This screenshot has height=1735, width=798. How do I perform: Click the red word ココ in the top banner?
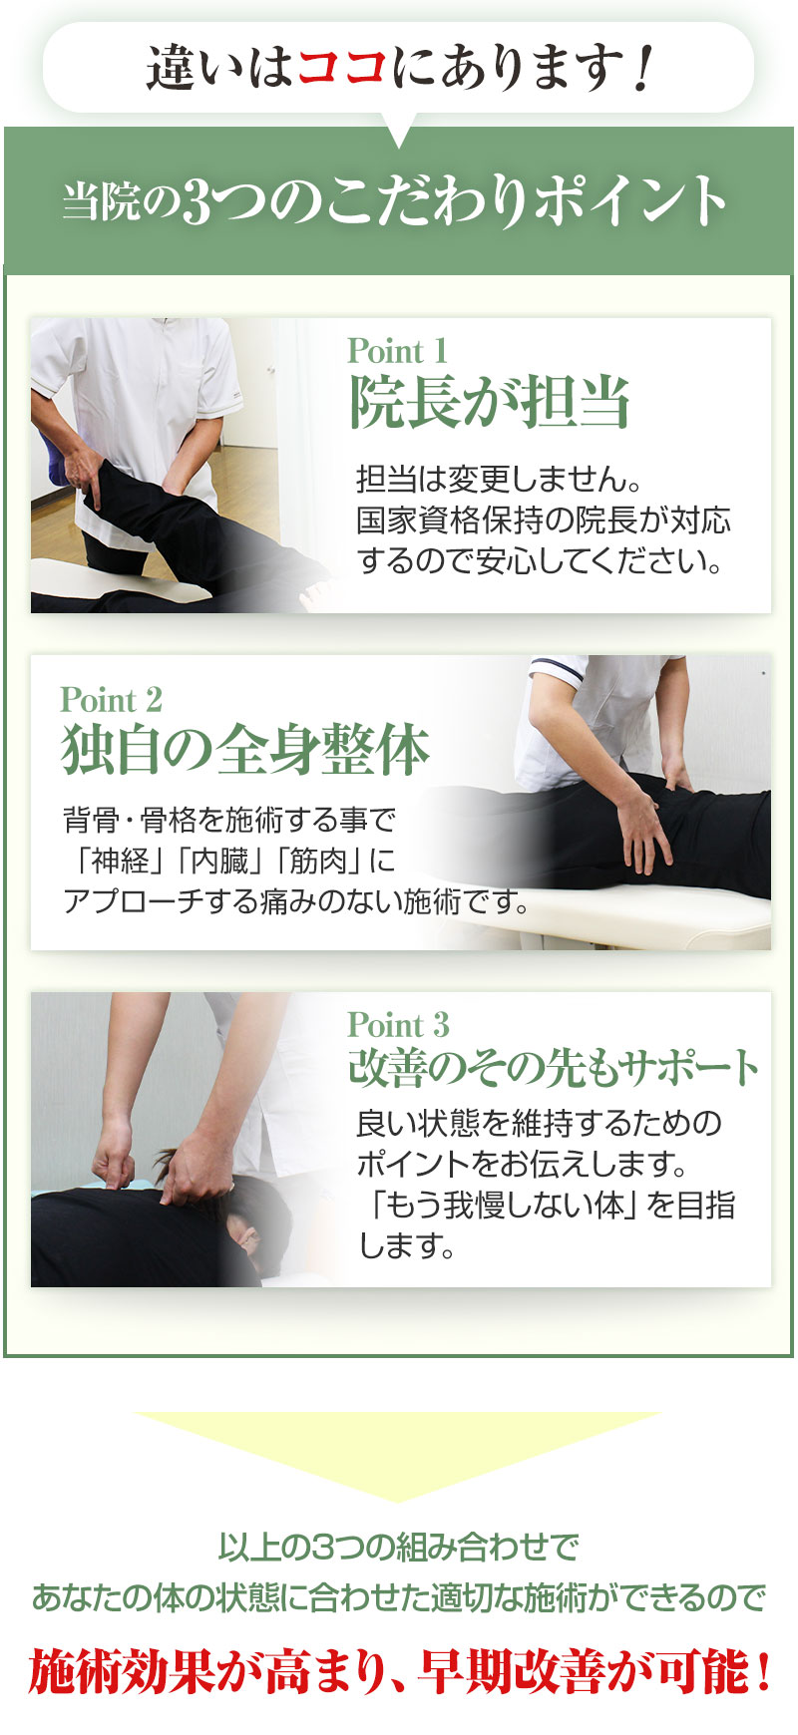coord(341,68)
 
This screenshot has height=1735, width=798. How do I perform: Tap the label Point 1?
coord(397,351)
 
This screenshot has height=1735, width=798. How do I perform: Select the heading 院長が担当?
coord(489,403)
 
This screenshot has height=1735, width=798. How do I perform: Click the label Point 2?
coord(111,700)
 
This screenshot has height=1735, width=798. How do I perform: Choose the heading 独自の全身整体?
coord(245,750)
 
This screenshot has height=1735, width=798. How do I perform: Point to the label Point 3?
coord(398,1025)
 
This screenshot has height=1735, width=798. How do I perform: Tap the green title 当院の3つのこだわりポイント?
coord(395,200)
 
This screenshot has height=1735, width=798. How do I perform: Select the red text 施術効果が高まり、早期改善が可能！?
coord(399,1671)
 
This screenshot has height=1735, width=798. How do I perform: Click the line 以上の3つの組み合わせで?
coord(398,1548)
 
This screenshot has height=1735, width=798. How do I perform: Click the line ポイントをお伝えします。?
coord(523,1164)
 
